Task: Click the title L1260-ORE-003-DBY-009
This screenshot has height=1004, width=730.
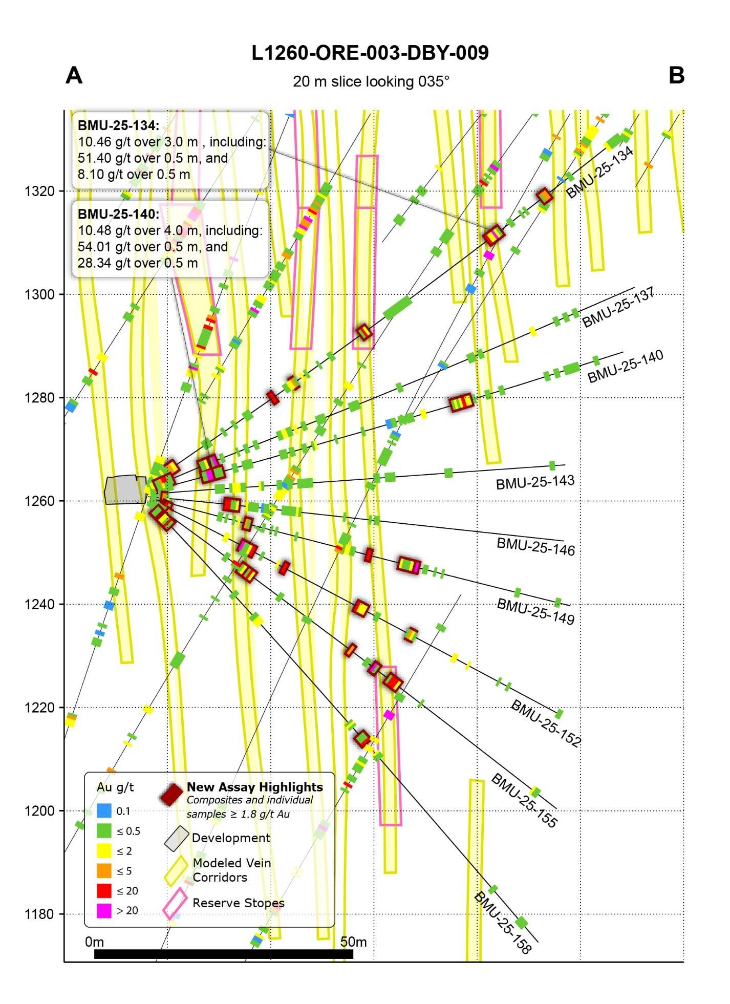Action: (x=370, y=53)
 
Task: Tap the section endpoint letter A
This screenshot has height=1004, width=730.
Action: (x=74, y=76)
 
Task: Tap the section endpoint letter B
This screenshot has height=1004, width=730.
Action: (x=676, y=76)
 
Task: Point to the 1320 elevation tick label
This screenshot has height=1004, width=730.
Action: (x=39, y=191)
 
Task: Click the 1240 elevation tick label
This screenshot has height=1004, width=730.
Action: (x=39, y=604)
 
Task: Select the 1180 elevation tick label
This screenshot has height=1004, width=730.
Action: (x=39, y=914)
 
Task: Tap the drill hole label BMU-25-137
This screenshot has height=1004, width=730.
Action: (x=618, y=308)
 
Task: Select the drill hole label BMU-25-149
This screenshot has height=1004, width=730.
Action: (x=535, y=611)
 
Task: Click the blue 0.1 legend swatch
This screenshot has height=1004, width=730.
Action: (x=104, y=810)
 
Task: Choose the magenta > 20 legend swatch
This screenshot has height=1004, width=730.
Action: (x=104, y=910)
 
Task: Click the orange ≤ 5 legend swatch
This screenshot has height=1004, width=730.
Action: (x=104, y=870)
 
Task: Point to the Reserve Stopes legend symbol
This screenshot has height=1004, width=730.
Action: (x=175, y=904)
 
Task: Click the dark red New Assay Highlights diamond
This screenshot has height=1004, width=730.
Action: (x=171, y=795)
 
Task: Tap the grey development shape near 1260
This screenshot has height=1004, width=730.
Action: (x=125, y=490)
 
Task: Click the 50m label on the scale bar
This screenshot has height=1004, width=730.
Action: (x=353, y=942)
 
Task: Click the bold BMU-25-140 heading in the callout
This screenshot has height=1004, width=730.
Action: (x=118, y=214)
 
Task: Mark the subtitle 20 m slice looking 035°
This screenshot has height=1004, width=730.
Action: (x=371, y=82)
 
